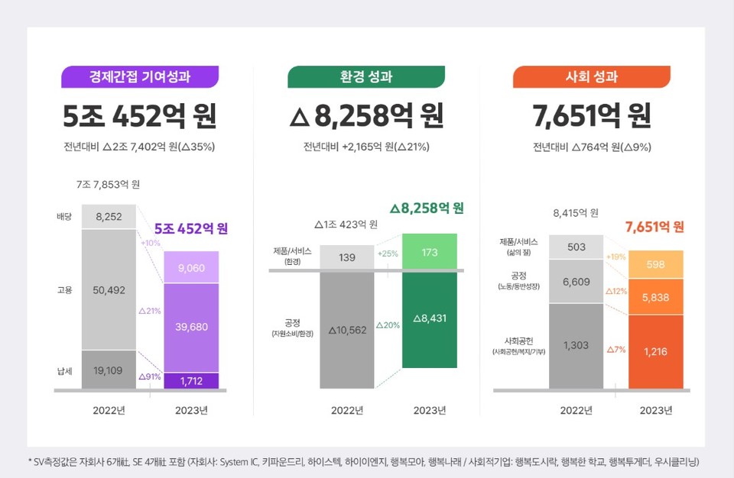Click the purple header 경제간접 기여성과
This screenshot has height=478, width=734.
[x=140, y=77]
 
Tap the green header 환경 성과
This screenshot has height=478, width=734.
[x=366, y=77]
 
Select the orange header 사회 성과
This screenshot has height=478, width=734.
[x=591, y=77]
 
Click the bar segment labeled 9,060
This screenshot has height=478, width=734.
[x=191, y=267]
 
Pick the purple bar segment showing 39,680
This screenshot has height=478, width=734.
[x=191, y=327]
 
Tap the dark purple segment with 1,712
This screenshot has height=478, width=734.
[x=191, y=380]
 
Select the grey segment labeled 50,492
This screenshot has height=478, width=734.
[x=109, y=290]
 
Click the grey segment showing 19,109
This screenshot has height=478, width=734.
[x=109, y=370]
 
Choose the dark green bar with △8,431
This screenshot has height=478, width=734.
[x=430, y=319]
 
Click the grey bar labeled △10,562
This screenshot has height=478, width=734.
[x=347, y=330]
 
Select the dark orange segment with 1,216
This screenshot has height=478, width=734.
[x=655, y=351]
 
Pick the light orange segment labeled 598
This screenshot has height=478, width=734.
[x=655, y=264]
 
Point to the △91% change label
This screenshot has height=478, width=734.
[x=148, y=376]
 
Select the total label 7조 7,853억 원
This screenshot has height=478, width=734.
[x=108, y=185]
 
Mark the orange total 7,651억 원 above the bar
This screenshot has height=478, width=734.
[x=654, y=227]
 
